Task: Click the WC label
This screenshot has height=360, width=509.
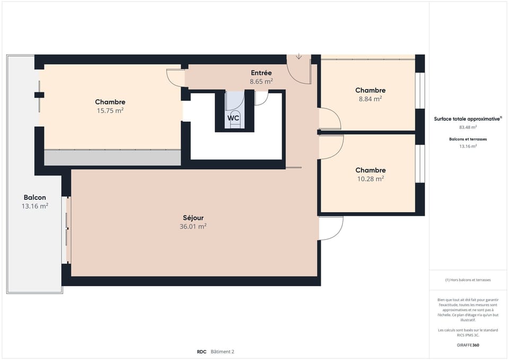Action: point(233,118)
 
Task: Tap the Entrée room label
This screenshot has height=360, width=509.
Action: point(261,73)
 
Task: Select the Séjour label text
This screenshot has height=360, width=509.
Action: point(193,217)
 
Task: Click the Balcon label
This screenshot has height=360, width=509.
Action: point(35,197)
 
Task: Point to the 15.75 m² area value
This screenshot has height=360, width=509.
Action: point(110,111)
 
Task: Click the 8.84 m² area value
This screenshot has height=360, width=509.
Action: point(370,99)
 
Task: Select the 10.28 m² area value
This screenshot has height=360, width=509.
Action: point(370,179)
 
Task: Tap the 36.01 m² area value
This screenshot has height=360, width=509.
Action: point(193,226)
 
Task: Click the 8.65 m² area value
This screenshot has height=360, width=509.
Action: point(261,82)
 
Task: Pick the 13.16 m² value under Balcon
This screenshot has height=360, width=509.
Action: point(35,206)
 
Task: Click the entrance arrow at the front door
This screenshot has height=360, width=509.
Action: point(299,57)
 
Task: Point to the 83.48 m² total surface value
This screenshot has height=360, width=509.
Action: point(468,127)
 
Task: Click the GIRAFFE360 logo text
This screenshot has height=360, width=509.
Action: point(468,345)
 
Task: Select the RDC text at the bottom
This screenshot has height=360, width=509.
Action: point(201,352)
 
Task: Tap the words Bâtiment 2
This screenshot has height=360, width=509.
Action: point(222,352)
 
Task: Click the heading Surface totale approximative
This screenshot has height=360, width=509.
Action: point(467,119)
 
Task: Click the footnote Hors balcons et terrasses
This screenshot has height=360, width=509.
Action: point(468,280)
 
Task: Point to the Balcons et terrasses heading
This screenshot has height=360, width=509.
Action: point(468,139)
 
